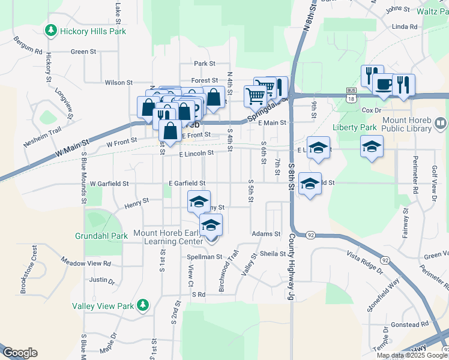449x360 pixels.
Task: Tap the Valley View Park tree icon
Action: (142, 305)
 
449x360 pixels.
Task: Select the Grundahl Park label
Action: (101, 236)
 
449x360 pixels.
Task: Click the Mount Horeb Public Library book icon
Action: (441, 124)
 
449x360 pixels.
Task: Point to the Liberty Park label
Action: (355, 127)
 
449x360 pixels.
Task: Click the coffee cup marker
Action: (384, 85)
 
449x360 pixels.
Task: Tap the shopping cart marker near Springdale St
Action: (255, 95)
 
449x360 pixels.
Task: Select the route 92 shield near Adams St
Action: (310, 235)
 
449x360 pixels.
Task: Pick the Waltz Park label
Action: (435, 11)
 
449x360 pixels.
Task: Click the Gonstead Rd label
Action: (409, 324)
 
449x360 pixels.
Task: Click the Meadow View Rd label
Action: (86, 262)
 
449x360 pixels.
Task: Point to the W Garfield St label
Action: (109, 183)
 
